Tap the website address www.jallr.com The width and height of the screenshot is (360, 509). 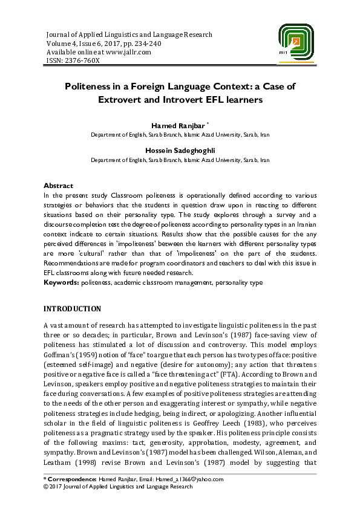click(121, 51)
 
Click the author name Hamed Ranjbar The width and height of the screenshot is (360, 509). click(180, 125)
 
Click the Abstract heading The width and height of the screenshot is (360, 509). click(59, 186)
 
